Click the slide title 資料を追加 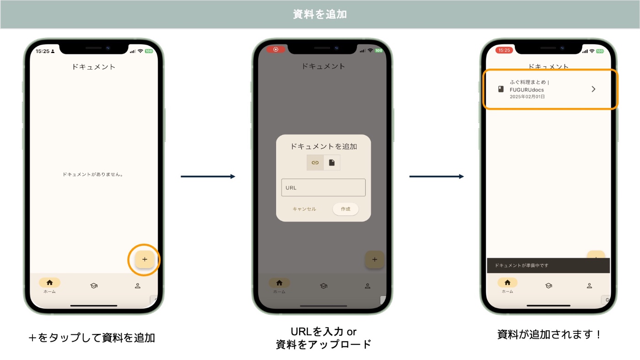(x=320, y=14)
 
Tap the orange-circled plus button (x=144, y=259)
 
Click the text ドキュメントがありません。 (x=93, y=174)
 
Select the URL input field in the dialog (x=323, y=188)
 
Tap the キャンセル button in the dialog (x=304, y=209)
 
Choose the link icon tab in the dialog (x=315, y=162)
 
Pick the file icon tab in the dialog (x=332, y=162)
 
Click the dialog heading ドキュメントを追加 (x=323, y=146)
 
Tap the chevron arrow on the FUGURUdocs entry (x=593, y=89)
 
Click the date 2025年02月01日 (x=527, y=97)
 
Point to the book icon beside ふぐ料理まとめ (x=501, y=89)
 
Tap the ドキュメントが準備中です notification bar (x=548, y=265)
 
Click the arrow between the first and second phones (x=208, y=177)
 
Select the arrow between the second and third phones (x=437, y=177)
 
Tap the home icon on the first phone (x=49, y=283)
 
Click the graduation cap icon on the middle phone (x=324, y=286)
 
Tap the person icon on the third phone (x=589, y=286)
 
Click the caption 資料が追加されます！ (x=549, y=334)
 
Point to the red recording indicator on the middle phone (x=276, y=49)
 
